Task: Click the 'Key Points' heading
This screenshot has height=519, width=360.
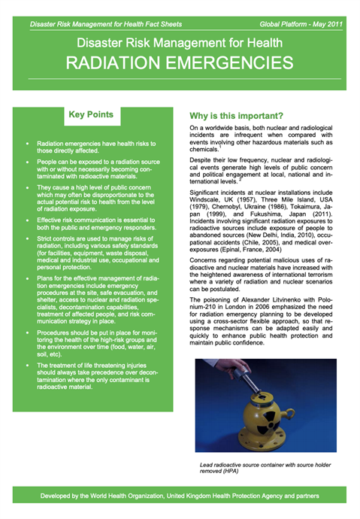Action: pyautogui.click(x=91, y=116)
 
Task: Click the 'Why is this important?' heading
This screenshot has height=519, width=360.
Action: pyautogui.click(x=235, y=117)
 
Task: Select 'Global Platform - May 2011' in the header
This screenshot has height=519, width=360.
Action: pyautogui.click(x=301, y=24)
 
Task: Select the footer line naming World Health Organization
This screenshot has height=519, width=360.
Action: pyautogui.click(x=180, y=496)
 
